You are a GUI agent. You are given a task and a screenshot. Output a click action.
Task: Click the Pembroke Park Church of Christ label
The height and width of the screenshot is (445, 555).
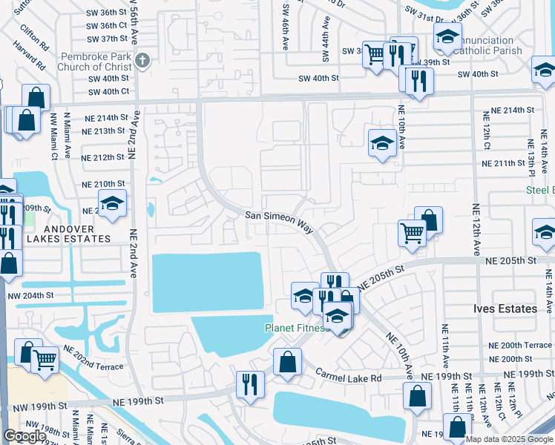(x=97, y=62)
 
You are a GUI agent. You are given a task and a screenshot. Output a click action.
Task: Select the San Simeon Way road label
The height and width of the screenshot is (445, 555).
(x=280, y=220)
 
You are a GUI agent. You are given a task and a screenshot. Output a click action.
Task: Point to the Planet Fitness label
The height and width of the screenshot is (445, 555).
(x=298, y=328)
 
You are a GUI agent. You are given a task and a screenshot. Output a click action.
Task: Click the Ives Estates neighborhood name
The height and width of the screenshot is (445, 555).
(x=505, y=309)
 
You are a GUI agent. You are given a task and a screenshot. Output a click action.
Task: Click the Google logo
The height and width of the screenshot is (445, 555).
(x=24, y=436)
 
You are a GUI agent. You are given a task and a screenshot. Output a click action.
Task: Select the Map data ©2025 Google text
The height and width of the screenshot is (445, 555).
(x=508, y=439)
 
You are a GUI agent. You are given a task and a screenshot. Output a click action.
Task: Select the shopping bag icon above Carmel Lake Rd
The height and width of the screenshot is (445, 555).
(x=287, y=362)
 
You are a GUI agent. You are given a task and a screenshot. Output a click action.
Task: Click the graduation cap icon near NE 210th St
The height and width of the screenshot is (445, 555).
(x=112, y=203)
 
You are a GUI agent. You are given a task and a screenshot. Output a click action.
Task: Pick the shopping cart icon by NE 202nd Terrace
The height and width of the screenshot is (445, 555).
(x=45, y=360)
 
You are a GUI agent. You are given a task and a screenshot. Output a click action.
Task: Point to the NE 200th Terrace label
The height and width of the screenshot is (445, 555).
(x=519, y=346)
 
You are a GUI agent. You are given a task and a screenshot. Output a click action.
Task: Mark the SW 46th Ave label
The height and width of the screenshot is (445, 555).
(x=287, y=30)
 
